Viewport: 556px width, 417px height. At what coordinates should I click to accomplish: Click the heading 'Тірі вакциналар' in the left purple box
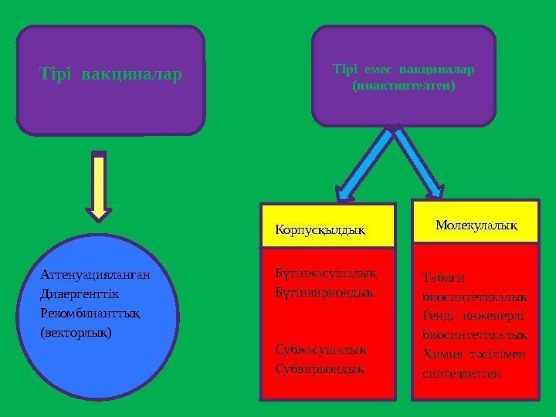click(111, 75)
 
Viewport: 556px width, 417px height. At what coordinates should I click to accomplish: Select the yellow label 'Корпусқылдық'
click(320, 229)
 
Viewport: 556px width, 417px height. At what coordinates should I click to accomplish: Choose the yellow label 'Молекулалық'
click(476, 224)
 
